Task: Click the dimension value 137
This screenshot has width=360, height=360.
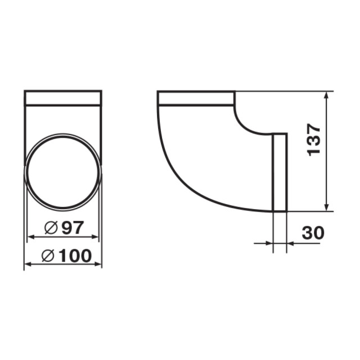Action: click(313, 140)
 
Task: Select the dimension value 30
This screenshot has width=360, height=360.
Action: click(313, 233)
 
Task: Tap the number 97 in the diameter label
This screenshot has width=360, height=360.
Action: click(73, 227)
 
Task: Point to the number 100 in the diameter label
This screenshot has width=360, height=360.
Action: click(75, 256)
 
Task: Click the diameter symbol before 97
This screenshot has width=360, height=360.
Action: click(51, 227)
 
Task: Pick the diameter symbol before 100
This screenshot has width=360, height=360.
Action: click(48, 256)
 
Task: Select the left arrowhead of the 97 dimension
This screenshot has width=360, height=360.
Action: click(31, 237)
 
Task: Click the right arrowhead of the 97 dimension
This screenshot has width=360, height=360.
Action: click(95, 237)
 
